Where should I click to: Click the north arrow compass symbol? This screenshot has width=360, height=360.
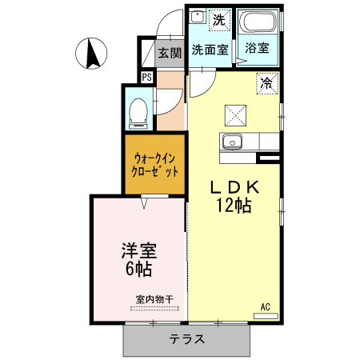(x=91, y=54)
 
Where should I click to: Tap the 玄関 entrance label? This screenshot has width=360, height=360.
(x=170, y=53)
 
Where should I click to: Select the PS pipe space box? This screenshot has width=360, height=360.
(x=147, y=78)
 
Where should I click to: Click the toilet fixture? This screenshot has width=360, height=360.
(x=138, y=114)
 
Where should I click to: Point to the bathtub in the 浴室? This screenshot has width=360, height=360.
(x=258, y=22)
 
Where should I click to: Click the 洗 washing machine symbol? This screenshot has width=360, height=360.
(x=219, y=20)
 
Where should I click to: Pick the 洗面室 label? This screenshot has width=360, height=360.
(x=210, y=50)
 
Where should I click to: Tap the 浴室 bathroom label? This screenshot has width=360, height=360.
(x=257, y=48)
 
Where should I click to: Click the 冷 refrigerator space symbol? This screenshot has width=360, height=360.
(x=267, y=84)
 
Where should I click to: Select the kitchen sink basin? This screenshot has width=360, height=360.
(x=232, y=142)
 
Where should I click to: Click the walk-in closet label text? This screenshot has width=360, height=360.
(x=155, y=165)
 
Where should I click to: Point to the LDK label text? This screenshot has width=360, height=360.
(x=234, y=187)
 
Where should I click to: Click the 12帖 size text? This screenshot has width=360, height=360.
(x=234, y=206)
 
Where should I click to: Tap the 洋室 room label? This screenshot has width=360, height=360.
(x=139, y=250)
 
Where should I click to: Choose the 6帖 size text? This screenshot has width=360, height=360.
(x=138, y=269)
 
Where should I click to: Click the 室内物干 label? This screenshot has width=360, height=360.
(x=154, y=299)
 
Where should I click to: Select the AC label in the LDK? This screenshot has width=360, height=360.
(x=265, y=307)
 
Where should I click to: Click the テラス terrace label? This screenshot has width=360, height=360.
(x=187, y=339)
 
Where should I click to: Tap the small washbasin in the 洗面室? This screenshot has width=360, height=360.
(x=198, y=17)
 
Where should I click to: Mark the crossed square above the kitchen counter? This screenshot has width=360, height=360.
(x=235, y=115)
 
